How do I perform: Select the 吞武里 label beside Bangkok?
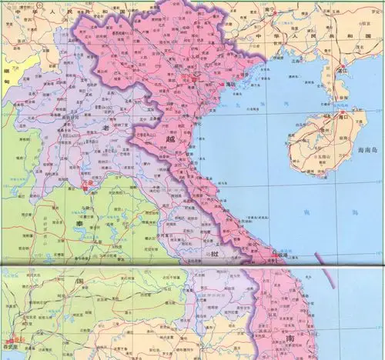(x=9, y=348)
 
